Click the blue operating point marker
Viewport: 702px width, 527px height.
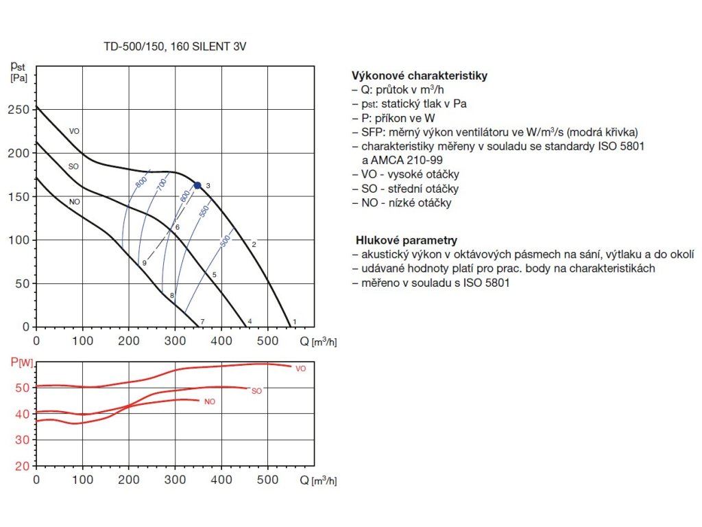click(197, 185)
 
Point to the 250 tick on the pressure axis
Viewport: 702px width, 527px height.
click(21, 110)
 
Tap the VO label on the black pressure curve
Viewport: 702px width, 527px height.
click(75, 131)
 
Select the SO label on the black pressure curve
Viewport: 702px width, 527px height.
click(73, 166)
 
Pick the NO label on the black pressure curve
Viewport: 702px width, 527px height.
click(74, 201)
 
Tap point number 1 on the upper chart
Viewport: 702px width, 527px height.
click(295, 321)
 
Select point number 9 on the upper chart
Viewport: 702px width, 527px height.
click(144, 263)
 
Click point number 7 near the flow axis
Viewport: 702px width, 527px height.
click(202, 321)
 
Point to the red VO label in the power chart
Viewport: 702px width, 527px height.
click(300, 368)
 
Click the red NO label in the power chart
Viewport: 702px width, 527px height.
click(210, 401)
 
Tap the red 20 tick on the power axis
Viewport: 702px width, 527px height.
click(21, 465)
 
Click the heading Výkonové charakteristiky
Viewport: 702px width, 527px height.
click(419, 75)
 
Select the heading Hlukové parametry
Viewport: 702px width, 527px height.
click(407, 240)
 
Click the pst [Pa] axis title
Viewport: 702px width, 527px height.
click(19, 71)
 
